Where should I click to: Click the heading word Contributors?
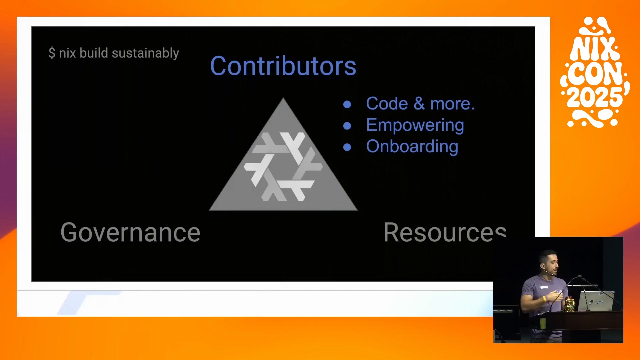click(x=283, y=66)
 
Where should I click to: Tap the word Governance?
click(x=130, y=232)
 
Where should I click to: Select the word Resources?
click(x=445, y=232)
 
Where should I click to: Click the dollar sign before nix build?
click(x=52, y=53)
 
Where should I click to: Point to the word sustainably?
click(x=145, y=53)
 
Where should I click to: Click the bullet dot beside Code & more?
click(x=347, y=105)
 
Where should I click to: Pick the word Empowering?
click(x=415, y=126)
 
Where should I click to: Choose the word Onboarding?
click(x=412, y=147)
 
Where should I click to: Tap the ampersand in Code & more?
click(x=419, y=103)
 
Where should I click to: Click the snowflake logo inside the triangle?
click(x=283, y=166)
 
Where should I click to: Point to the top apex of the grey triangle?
click(x=283, y=98)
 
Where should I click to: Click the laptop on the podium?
click(x=596, y=301)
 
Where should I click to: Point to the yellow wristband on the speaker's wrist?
click(x=545, y=299)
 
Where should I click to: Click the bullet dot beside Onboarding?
click(x=347, y=147)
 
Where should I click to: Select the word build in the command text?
click(x=94, y=53)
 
